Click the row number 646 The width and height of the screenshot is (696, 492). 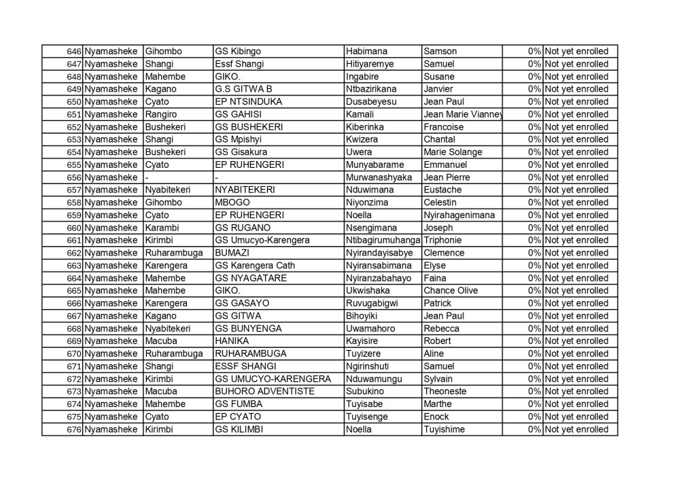pyautogui.click(x=74, y=52)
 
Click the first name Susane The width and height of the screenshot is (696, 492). pyautogui.click(x=438, y=77)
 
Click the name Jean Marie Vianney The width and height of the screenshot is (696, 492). pyautogui.click(x=462, y=114)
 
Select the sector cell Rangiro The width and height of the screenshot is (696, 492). pyautogui.click(x=160, y=114)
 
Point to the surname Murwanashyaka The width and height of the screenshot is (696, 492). pyautogui.click(x=379, y=177)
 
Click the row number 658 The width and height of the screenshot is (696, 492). pyautogui.click(x=74, y=203)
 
